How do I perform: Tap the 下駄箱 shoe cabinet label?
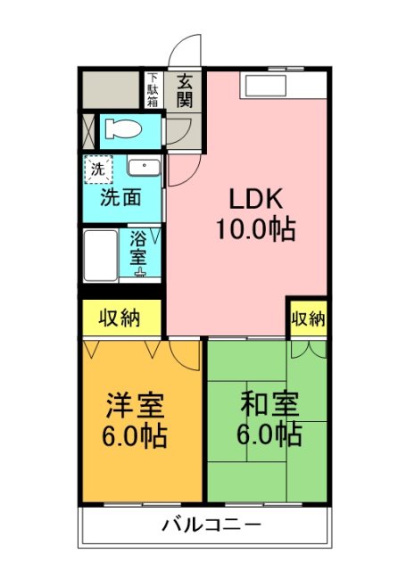[x=153, y=89]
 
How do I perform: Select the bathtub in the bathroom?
[x=101, y=256]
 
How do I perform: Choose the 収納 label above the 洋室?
[x=120, y=319]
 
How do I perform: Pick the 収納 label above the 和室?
[x=307, y=319]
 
